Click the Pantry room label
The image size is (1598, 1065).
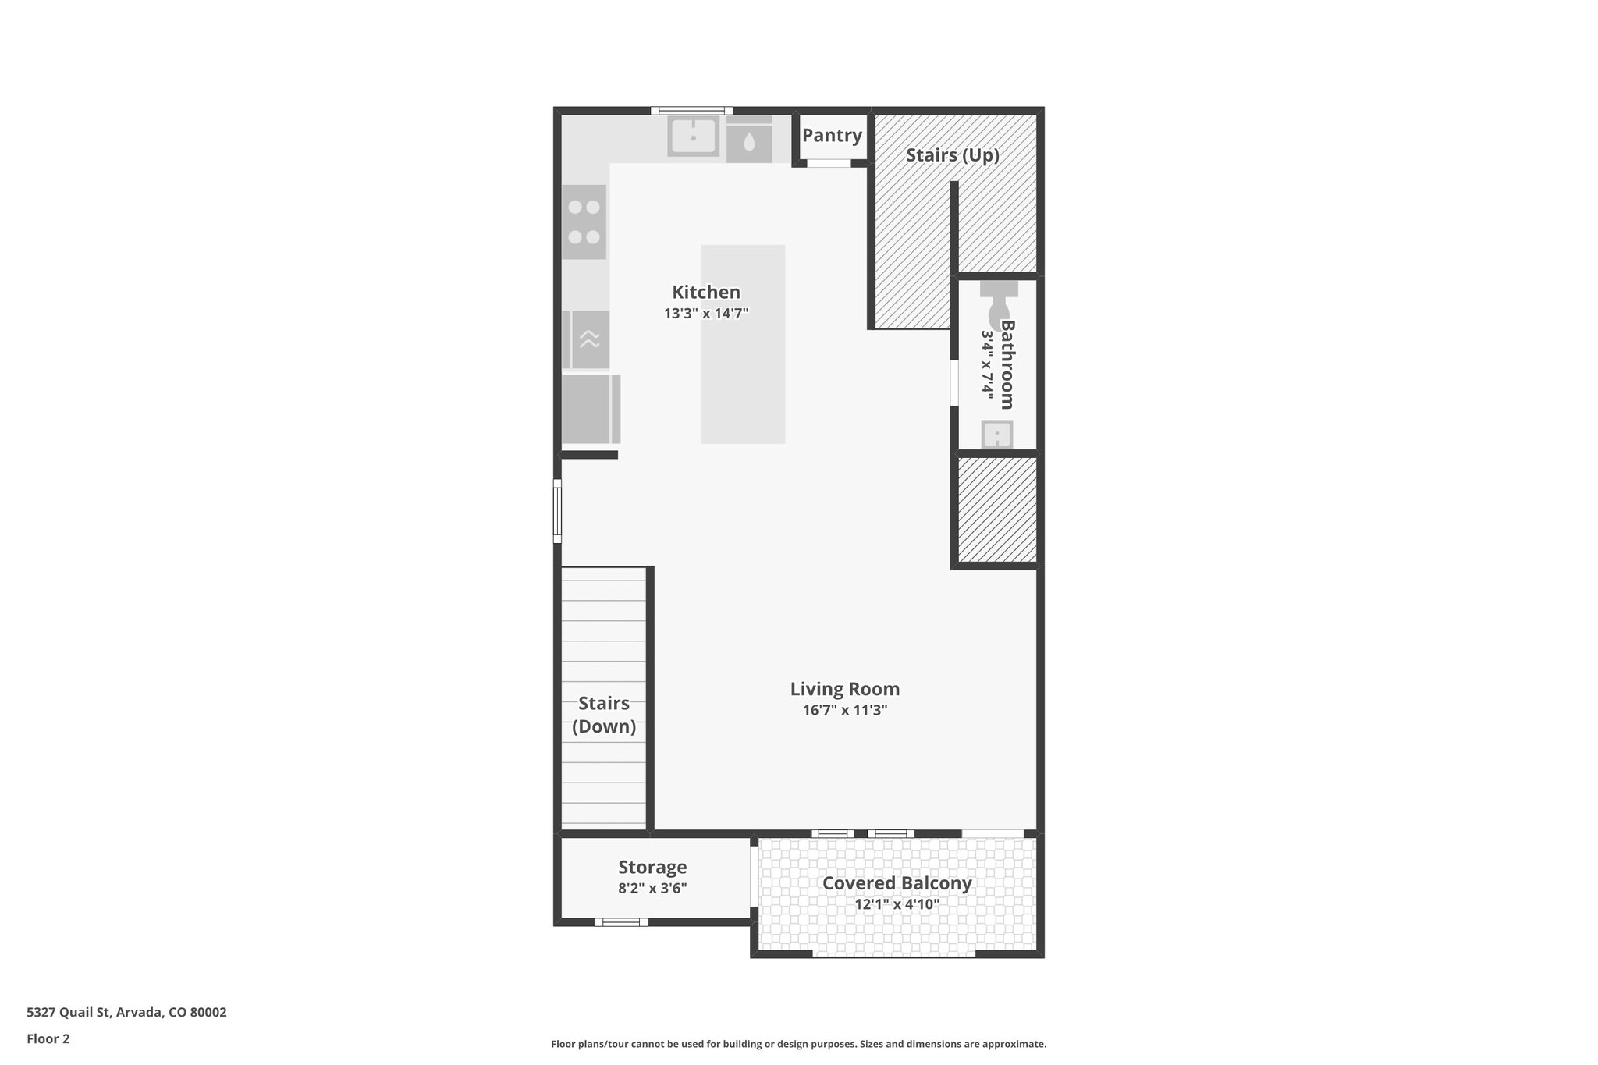(832, 135)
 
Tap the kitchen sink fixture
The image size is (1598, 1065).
(693, 137)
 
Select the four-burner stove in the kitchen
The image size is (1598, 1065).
(584, 222)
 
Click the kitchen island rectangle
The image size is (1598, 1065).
(742, 344)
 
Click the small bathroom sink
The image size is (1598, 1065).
(997, 435)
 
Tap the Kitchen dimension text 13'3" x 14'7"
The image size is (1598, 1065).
(706, 314)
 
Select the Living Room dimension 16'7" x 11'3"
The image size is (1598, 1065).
(845, 710)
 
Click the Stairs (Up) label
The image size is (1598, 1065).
(952, 155)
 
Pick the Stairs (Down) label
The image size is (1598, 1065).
(604, 715)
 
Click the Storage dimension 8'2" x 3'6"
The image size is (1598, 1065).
(652, 888)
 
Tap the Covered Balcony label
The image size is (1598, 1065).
(897, 883)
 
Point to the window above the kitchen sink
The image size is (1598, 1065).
(691, 111)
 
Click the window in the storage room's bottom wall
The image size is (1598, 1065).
(621, 922)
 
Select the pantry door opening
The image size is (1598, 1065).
(828, 163)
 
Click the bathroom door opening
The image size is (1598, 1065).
(954, 382)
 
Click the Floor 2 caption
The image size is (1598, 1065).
(48, 1038)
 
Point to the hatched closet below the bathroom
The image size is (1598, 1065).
(996, 509)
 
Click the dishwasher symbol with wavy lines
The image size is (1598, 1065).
(589, 339)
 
